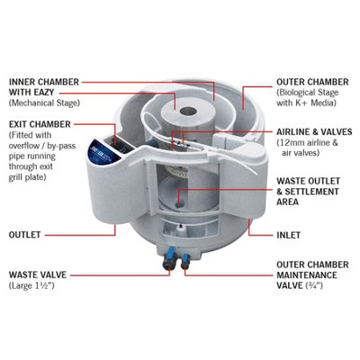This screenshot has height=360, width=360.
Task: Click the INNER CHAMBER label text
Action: (x=44, y=82)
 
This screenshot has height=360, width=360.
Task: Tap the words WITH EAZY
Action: (x=31, y=93)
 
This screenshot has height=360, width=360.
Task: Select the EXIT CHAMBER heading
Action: (x=40, y=124)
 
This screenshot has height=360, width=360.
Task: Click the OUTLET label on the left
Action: (x=24, y=235)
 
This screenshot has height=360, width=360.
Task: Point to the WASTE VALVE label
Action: (x=38, y=274)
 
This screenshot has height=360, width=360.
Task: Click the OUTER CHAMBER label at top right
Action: (x=312, y=82)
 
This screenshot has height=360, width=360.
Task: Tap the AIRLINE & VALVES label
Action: (x=314, y=132)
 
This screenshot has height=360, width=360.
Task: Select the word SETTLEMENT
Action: (x=312, y=192)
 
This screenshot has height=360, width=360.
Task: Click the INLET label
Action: (x=288, y=235)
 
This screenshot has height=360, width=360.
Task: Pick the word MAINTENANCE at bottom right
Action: (x=307, y=274)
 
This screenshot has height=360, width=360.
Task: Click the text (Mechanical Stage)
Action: (x=44, y=103)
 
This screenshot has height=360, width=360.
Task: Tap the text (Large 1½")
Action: (x=31, y=285)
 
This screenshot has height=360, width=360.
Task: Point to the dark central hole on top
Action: (x=189, y=112)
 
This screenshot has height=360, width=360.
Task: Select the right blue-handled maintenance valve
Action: (x=184, y=259)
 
